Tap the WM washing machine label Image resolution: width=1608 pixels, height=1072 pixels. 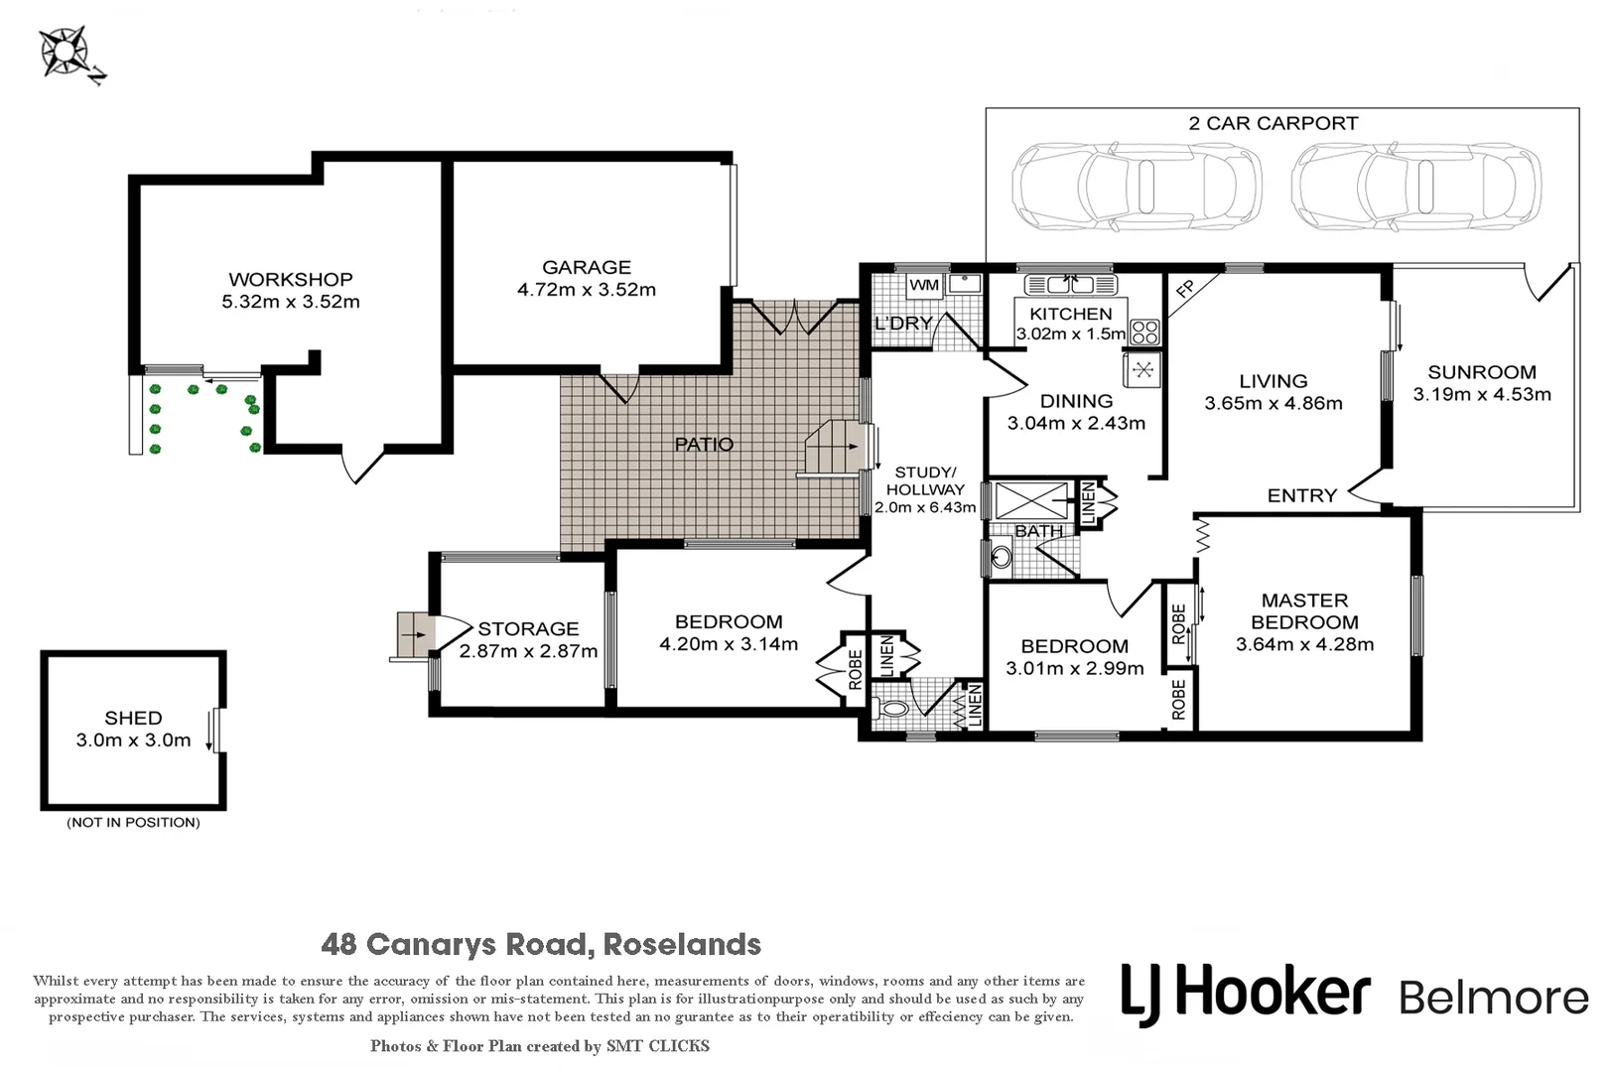[x=924, y=285]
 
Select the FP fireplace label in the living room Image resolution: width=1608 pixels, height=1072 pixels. [x=1185, y=289]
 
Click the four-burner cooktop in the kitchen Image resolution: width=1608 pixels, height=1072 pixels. [x=1145, y=333]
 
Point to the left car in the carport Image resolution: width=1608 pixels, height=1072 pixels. [x=1137, y=186]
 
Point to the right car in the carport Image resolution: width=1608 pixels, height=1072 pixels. [x=1415, y=186]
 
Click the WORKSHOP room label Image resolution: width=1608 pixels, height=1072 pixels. [x=291, y=279]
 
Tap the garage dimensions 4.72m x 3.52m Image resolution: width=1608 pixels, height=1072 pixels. [x=587, y=290]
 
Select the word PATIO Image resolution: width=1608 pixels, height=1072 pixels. [x=704, y=445]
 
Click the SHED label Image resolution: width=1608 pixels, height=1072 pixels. [x=134, y=718]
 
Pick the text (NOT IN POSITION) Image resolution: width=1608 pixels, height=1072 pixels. [x=134, y=823]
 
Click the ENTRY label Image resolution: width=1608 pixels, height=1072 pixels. [x=1301, y=495]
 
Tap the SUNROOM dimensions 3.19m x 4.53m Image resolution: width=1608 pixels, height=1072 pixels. [x=1482, y=394]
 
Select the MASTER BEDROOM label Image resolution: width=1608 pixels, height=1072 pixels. [x=1305, y=611]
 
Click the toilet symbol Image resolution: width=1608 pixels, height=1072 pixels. [x=891, y=710]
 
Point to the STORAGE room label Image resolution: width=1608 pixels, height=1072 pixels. [x=528, y=629]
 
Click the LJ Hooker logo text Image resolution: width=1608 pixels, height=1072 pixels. [x=1246, y=995]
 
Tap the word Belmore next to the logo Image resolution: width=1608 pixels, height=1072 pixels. [x=1494, y=998]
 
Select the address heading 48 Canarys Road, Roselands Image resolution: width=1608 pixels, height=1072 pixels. [x=541, y=944]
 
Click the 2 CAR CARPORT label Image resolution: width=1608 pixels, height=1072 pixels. [x=1273, y=123]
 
